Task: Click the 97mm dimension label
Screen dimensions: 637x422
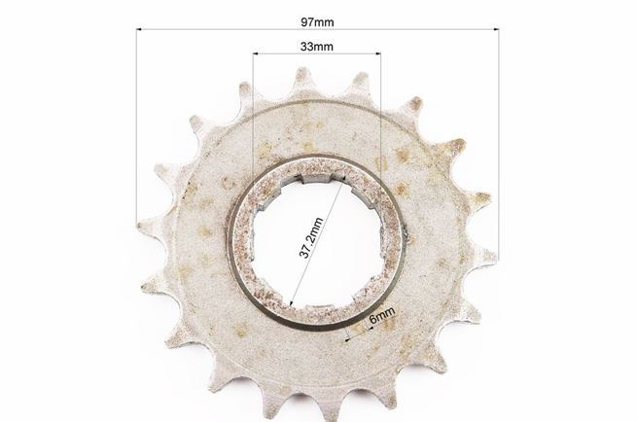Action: coord(317,22)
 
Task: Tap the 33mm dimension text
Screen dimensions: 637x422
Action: coord(317,47)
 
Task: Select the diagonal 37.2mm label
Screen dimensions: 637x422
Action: coord(311,238)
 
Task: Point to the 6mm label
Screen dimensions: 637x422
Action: coord(382,315)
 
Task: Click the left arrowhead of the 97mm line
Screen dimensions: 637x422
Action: coord(139,29)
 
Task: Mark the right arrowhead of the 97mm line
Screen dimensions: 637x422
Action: coord(496,29)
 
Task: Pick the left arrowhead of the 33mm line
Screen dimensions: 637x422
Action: coord(256,53)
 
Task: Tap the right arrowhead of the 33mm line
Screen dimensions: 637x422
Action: coord(378,53)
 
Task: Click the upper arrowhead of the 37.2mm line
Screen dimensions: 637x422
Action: coord(343,178)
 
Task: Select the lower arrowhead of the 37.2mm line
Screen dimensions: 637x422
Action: coord(291,302)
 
